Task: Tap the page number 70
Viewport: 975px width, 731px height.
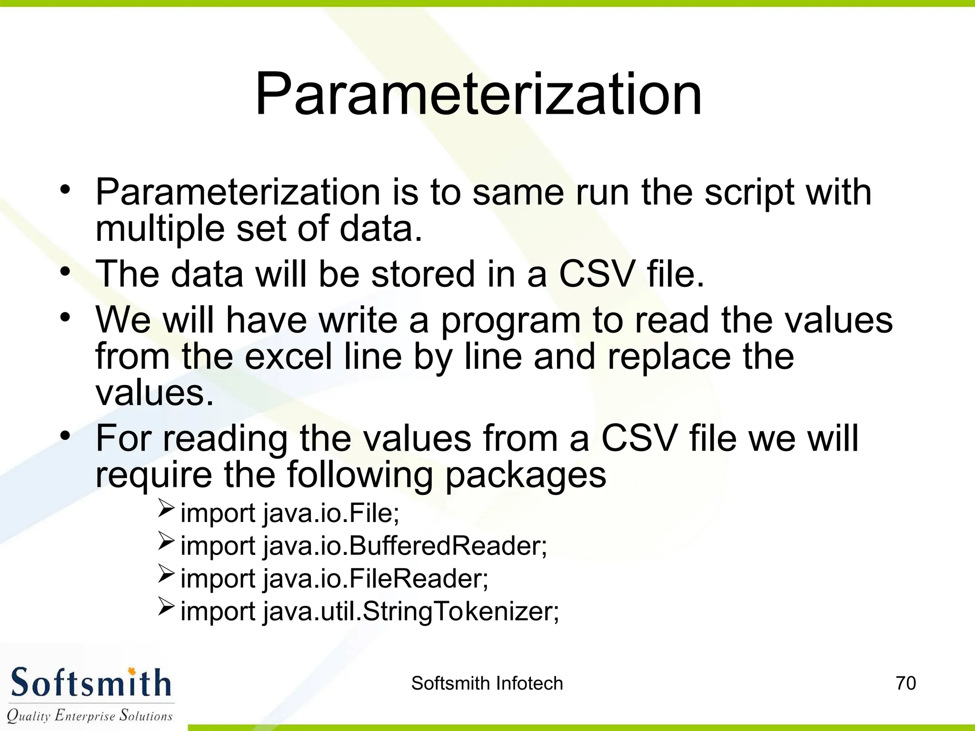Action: [x=905, y=683]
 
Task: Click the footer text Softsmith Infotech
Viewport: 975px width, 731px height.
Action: [x=487, y=683]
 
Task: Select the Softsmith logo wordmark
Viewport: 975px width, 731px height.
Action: [x=90, y=682]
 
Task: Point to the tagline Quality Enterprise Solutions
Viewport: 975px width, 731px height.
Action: [x=90, y=715]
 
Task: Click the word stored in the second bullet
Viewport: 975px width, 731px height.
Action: [x=423, y=274]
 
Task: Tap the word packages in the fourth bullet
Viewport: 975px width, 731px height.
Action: [x=526, y=474]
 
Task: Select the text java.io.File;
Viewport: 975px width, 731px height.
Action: [x=331, y=513]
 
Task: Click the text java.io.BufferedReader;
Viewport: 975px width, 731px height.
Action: [x=405, y=545]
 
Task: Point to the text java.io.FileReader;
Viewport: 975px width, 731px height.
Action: [x=376, y=578]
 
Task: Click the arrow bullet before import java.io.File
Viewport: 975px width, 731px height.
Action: [x=166, y=509]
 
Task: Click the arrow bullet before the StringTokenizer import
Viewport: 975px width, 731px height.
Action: [x=166, y=607]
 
